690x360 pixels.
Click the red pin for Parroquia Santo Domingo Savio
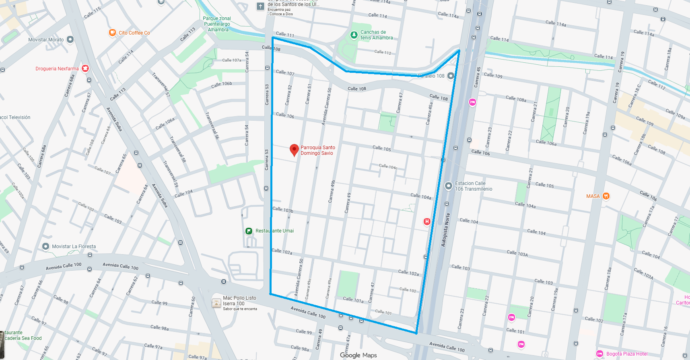coord(294,150)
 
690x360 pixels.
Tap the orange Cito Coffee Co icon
coord(113,33)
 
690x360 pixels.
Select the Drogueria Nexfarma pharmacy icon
coord(85,68)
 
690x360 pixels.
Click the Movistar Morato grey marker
coord(70,39)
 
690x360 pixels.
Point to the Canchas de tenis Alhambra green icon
coord(354,35)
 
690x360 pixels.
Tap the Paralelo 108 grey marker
coord(451,76)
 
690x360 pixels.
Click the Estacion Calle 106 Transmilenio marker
coord(448,186)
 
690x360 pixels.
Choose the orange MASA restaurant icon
coord(606,196)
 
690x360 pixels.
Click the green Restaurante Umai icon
coord(249,231)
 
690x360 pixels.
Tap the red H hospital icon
coord(427,221)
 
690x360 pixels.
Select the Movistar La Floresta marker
coord(46,246)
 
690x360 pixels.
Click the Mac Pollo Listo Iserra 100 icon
coord(216,303)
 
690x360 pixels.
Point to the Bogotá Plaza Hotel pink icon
coord(599,354)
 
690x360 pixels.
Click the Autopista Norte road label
coord(445,230)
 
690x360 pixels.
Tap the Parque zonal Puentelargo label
coord(217,24)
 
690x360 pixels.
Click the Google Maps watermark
coord(358,355)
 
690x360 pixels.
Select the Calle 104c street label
coord(388,166)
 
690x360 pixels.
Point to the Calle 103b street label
coord(283,210)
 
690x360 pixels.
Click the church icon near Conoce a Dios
coord(260,6)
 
